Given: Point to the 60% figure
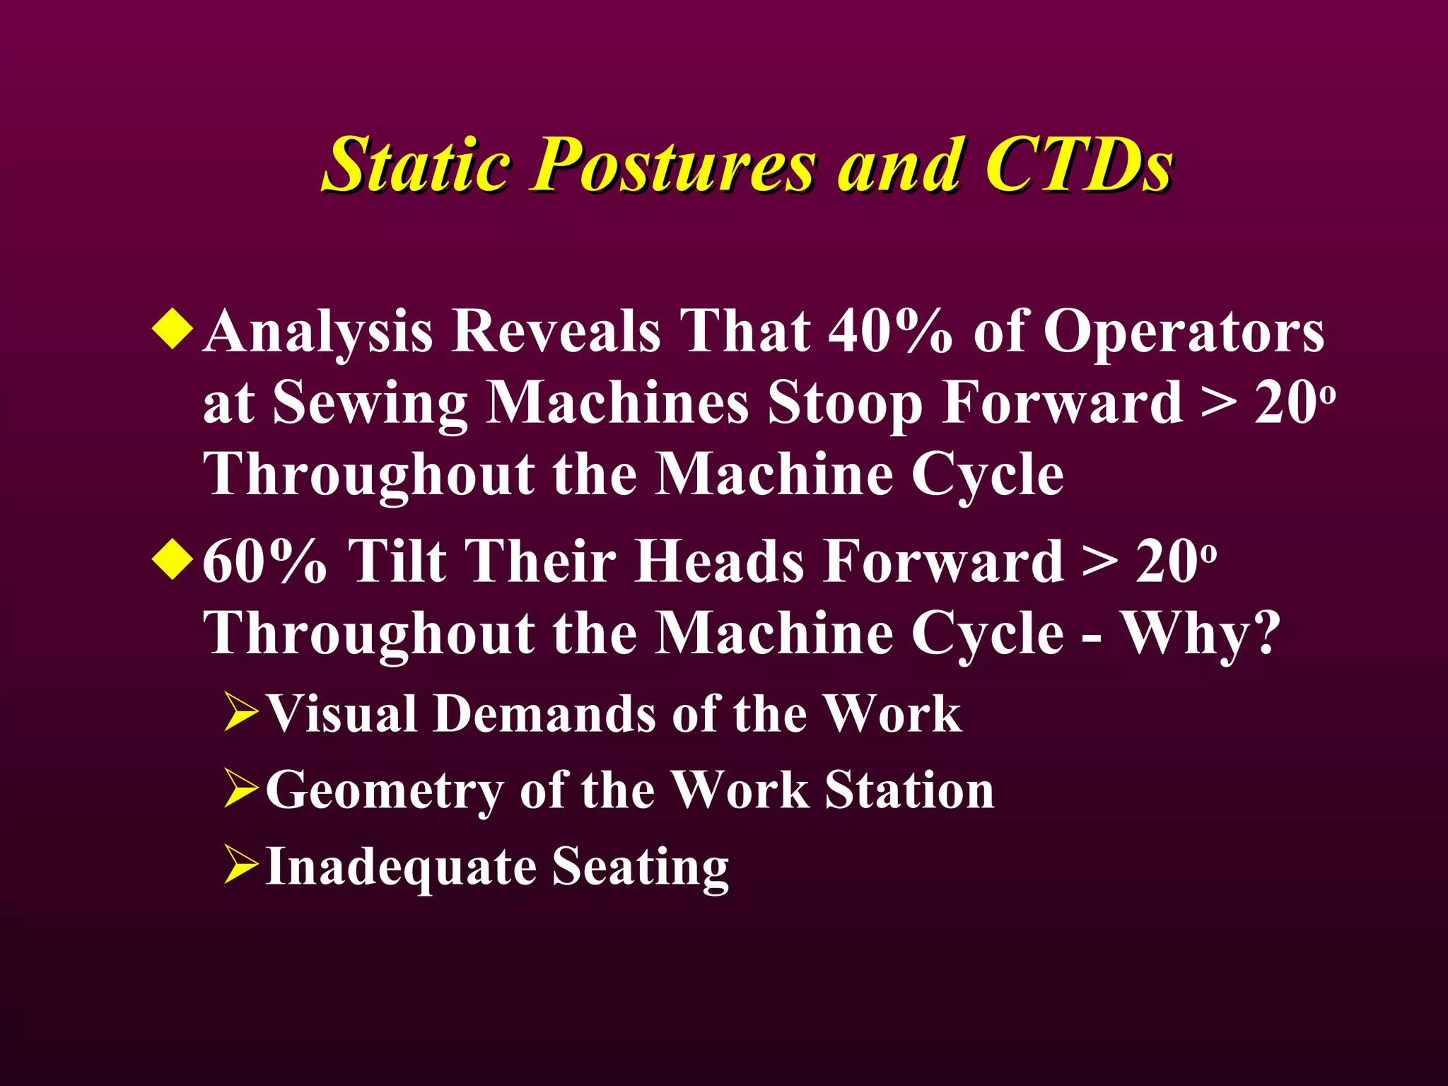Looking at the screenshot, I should [x=264, y=561].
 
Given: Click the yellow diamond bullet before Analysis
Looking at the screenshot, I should [x=172, y=328].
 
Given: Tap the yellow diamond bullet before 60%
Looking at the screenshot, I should [x=172, y=559].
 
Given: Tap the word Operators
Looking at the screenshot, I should [x=1184, y=331].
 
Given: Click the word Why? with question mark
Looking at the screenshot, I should [x=1202, y=633].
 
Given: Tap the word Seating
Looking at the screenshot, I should [x=640, y=867].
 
